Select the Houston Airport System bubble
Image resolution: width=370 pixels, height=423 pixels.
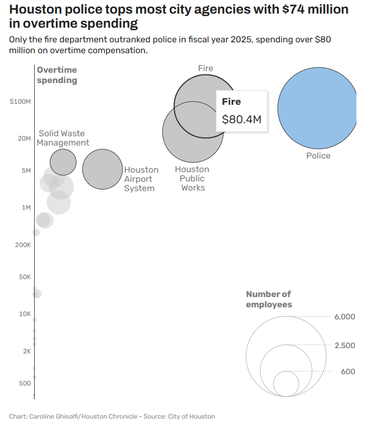tap(103, 169)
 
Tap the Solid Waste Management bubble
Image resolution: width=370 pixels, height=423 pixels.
tap(63, 162)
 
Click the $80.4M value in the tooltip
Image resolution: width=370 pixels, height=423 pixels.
tap(241, 119)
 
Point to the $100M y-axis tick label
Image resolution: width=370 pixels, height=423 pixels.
tap(21, 102)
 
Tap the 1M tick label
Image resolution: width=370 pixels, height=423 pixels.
tap(26, 207)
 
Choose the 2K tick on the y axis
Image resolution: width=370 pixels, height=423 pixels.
tap(27, 351)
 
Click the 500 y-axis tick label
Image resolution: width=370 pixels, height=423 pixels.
tap(24, 383)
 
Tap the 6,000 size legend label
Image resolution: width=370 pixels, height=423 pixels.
tap(345, 317)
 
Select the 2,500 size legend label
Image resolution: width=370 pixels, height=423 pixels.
tap(345, 345)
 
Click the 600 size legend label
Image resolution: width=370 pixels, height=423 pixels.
tap(348, 371)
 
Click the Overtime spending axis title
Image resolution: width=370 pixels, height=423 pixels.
tap(57, 75)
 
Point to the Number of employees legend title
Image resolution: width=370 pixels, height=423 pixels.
tap(269, 299)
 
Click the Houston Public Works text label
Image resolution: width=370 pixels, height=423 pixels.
tap(192, 178)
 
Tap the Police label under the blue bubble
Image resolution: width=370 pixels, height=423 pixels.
tap(318, 156)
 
